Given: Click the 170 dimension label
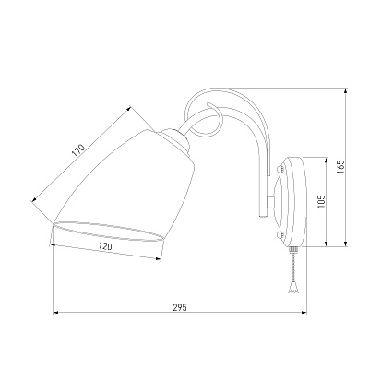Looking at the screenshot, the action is coord(78,150).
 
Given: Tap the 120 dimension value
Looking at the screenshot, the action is coord(105,245).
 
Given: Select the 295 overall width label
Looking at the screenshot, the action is coord(180,307).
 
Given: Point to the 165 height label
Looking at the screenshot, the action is coord(340,167).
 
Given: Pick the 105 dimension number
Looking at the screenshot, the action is coord(321,201).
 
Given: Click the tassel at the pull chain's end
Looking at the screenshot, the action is coord(292,288).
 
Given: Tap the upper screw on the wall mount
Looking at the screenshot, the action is coord(280,169).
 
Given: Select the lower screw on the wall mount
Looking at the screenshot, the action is coord(280,235).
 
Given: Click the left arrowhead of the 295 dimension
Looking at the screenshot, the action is coord(55,313).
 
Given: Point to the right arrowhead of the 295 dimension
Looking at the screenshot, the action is coord(304,313).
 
